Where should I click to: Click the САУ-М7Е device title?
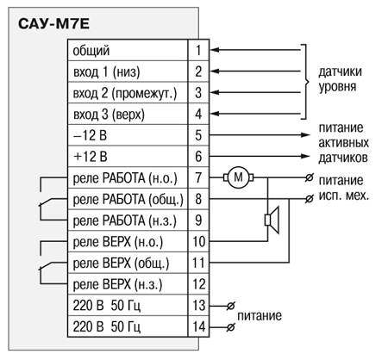[53, 24]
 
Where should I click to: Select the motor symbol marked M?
[238, 177]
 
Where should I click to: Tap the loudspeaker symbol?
[272, 220]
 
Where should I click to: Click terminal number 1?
[198, 50]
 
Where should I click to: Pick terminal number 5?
[198, 135]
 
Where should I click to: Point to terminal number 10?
[198, 241]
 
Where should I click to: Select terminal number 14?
[199, 326]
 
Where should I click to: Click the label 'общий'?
[91, 51]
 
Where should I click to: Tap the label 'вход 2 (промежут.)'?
[125, 93]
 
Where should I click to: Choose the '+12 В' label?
[91, 157]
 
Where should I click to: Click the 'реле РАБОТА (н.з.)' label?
[125, 220]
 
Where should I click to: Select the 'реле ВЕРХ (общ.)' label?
[121, 264]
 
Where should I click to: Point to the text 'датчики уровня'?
[341, 79]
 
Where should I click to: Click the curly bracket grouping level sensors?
[306, 82]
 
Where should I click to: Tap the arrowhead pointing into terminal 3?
[215, 92]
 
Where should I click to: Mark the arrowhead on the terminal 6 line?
[305, 156]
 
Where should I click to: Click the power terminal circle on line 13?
[230, 307]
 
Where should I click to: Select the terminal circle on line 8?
[309, 199]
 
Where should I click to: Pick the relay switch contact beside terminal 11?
[46, 266]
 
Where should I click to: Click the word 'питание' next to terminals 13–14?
[260, 316]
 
